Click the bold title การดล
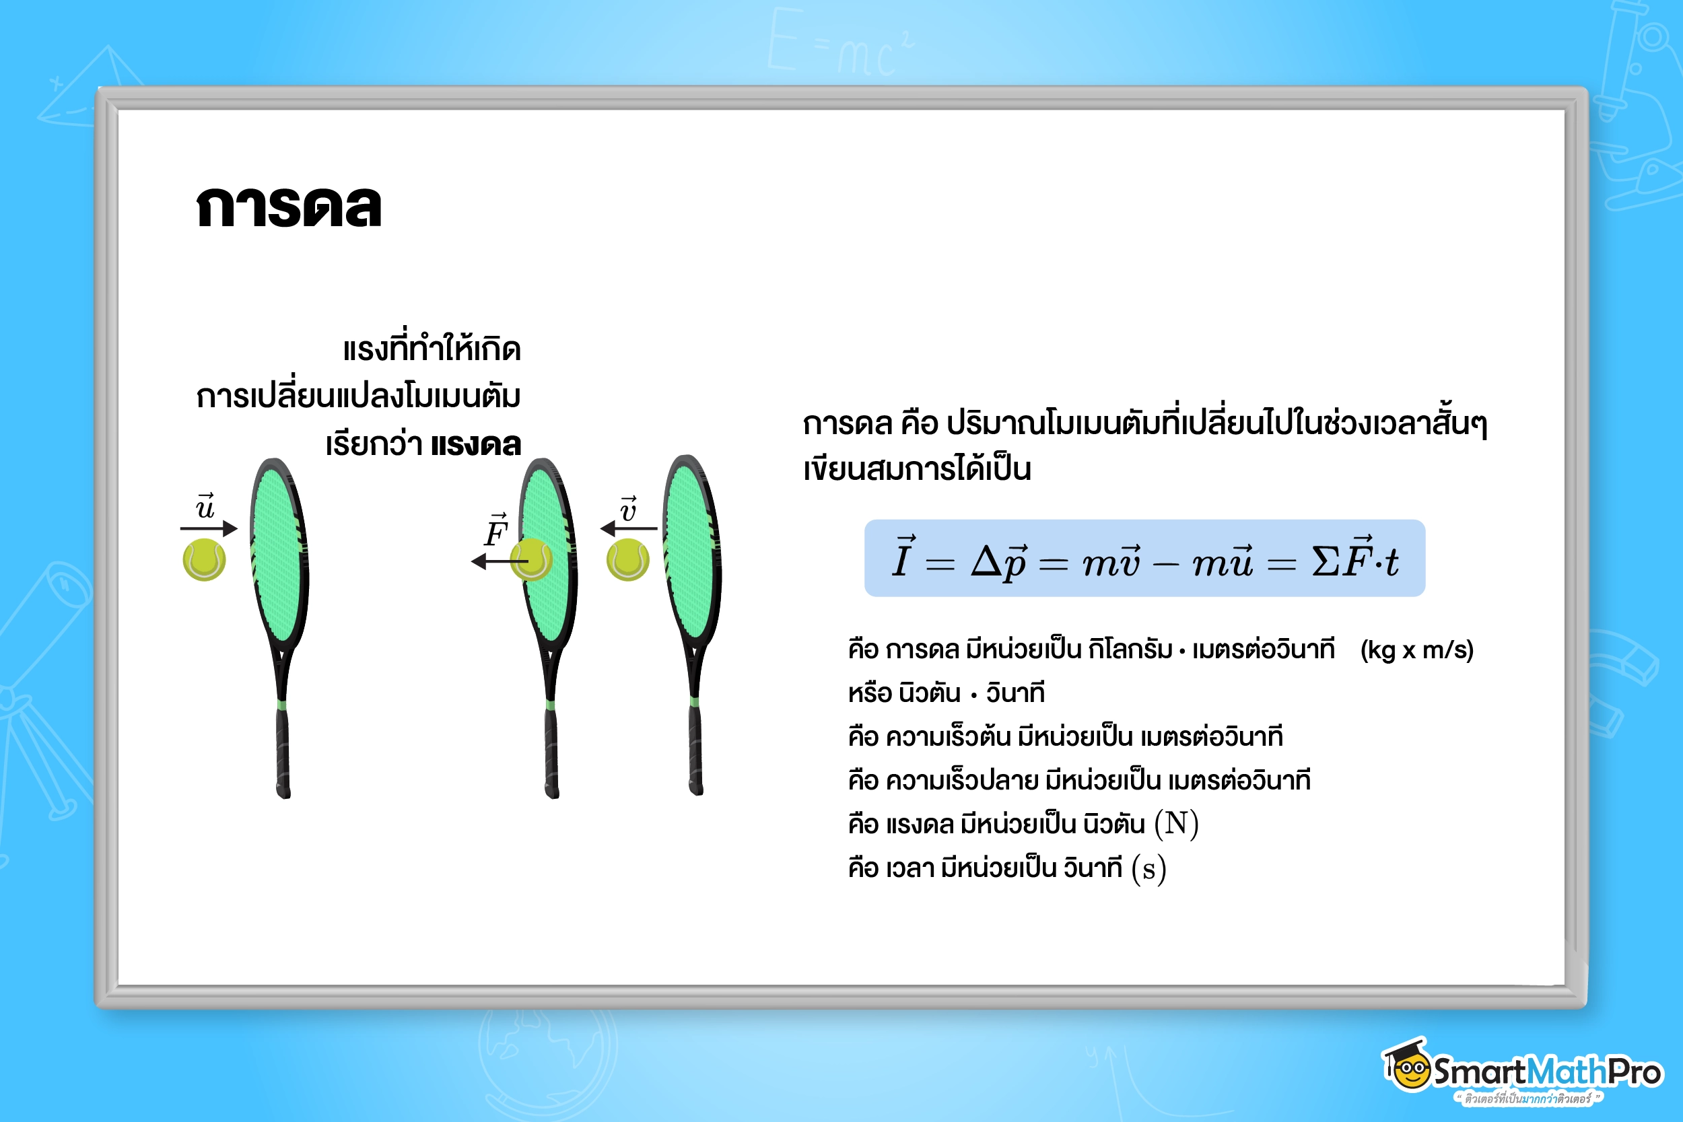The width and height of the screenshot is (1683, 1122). point(288,207)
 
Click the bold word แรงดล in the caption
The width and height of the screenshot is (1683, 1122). point(476,445)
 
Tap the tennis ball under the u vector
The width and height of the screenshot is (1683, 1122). point(204,559)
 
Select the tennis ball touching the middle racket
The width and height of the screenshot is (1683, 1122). point(532,559)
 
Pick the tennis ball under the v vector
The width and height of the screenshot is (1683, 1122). point(627,559)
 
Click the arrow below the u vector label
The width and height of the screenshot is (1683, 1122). point(208,529)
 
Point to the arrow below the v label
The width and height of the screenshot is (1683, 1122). point(628,529)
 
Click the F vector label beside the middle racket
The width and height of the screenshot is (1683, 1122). point(496,531)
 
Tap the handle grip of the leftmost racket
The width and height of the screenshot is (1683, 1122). point(283,751)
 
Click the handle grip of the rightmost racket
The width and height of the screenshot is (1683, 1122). point(695,748)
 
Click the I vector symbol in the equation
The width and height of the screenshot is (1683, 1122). point(902,558)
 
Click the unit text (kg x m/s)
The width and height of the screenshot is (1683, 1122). point(1416,650)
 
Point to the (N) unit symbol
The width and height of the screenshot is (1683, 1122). point(1176,824)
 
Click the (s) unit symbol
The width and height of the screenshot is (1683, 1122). point(1148,869)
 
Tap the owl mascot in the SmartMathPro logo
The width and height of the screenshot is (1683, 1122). point(1407,1067)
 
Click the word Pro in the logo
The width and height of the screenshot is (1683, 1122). point(1635,1072)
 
